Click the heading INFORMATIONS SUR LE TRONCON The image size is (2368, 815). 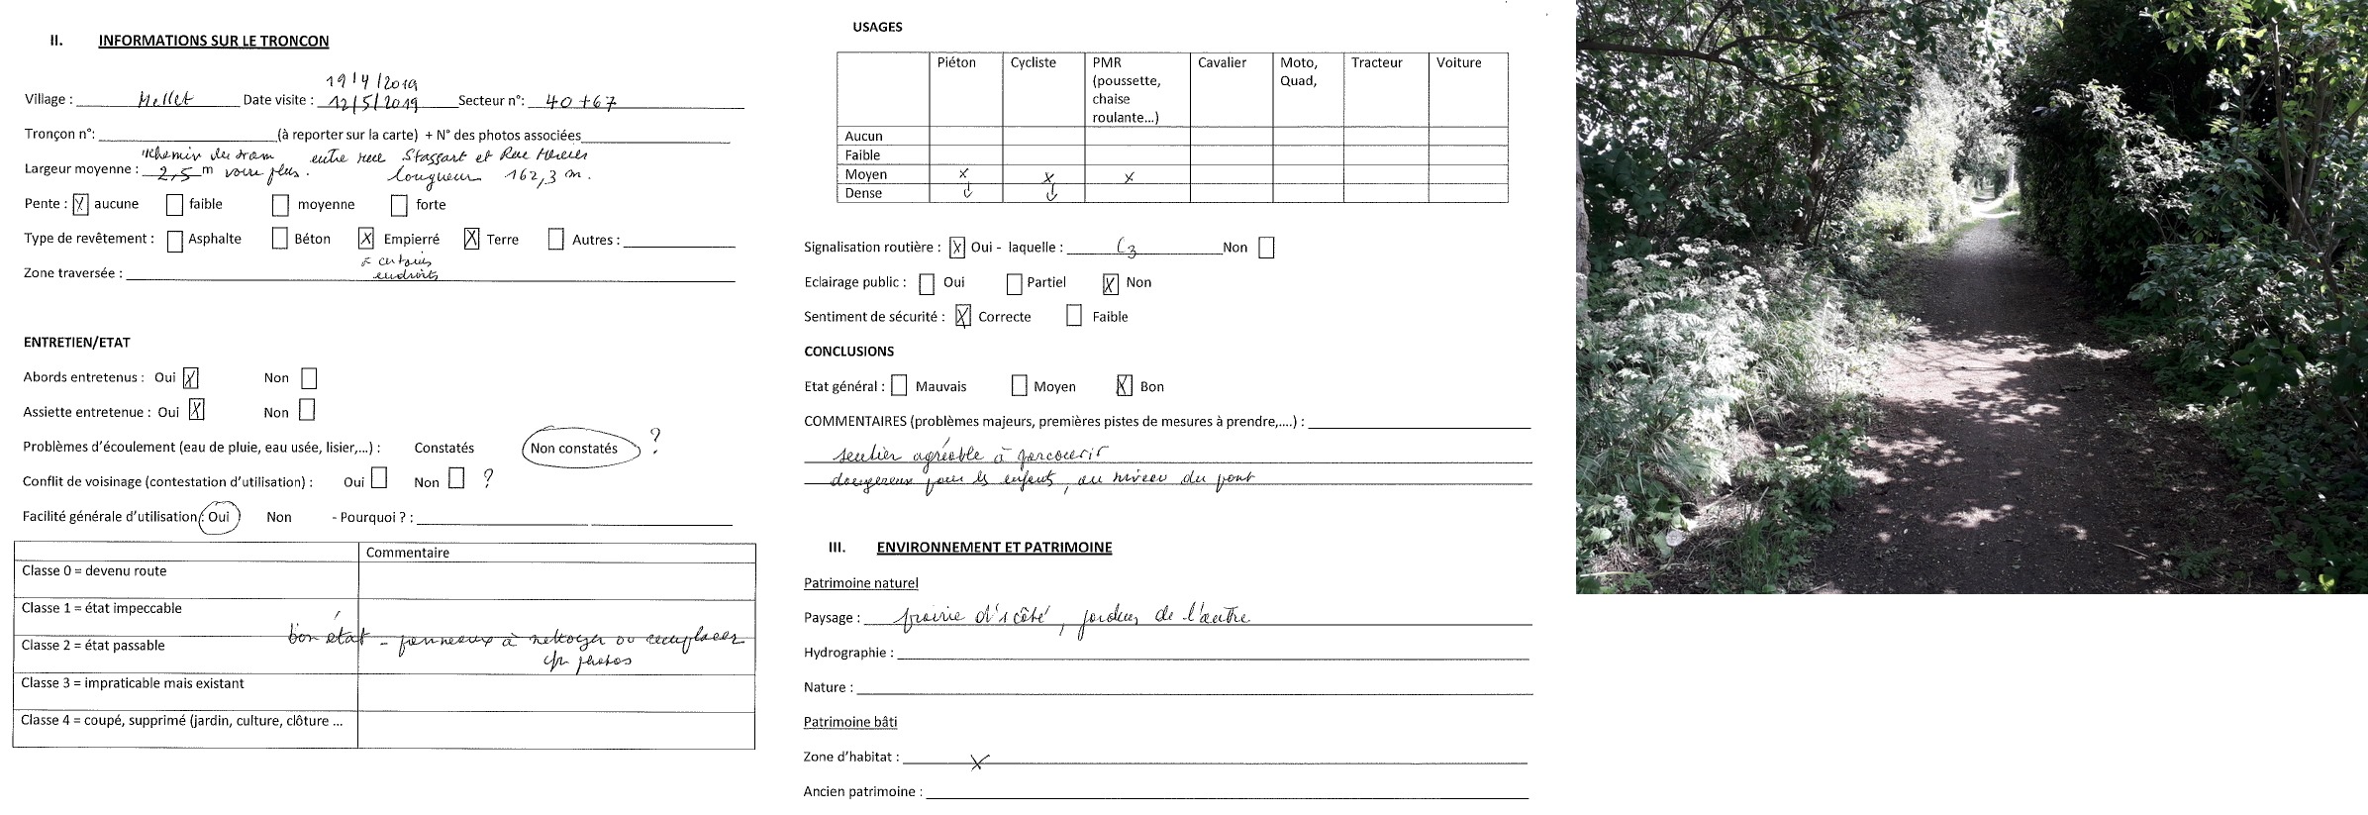[x=213, y=41]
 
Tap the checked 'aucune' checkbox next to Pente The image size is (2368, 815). [x=81, y=205]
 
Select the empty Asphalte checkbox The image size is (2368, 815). [x=175, y=241]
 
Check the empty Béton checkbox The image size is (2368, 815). [x=280, y=240]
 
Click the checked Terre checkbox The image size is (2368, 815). [x=471, y=239]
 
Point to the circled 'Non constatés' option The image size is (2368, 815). [x=574, y=449]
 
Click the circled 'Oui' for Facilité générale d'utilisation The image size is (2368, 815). [x=219, y=517]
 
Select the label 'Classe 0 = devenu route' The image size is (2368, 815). [x=94, y=571]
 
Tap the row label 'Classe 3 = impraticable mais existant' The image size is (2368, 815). [x=133, y=683]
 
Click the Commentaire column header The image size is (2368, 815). [x=408, y=553]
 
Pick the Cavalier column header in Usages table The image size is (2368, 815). [x=1222, y=62]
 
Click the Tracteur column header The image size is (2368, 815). [x=1376, y=62]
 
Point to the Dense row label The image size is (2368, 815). [x=863, y=193]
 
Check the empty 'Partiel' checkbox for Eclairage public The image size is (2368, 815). [x=1014, y=284]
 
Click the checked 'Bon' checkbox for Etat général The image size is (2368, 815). [x=1124, y=386]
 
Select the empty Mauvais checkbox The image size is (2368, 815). [x=899, y=385]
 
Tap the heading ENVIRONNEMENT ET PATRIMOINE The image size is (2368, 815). [x=994, y=548]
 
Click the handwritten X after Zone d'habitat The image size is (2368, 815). [x=978, y=762]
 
